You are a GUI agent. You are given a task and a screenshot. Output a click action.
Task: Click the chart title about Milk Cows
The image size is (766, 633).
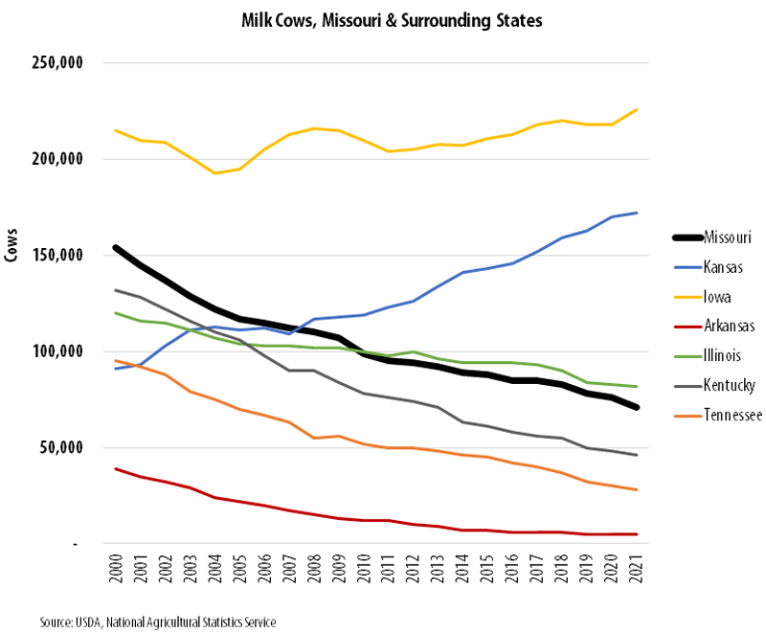point(383,19)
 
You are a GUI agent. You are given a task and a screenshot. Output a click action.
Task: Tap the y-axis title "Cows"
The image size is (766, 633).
point(12,248)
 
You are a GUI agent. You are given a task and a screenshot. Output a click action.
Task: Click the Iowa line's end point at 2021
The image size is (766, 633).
point(637,109)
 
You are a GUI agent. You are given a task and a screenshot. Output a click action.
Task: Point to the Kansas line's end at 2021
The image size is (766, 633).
point(637,213)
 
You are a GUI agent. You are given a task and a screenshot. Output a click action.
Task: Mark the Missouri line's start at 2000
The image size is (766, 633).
point(116,247)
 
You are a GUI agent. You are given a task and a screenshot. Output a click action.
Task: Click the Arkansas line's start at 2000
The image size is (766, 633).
point(116,468)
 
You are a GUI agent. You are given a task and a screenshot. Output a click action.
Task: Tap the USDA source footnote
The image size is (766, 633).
point(158,622)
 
